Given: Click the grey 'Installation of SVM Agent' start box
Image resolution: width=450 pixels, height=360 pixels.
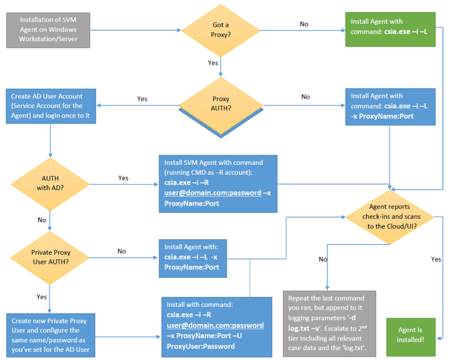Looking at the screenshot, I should click(x=48, y=30).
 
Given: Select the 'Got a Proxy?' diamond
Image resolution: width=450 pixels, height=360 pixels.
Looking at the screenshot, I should click(x=220, y=30).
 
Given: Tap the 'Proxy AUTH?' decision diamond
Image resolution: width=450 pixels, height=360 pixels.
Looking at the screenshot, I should click(x=220, y=103).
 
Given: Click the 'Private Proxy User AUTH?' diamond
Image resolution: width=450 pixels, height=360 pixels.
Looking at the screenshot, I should click(x=50, y=257).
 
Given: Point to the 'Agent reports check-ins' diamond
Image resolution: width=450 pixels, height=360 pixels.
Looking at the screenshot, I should click(x=390, y=216).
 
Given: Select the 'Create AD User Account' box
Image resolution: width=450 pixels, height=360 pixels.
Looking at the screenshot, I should click(x=51, y=106).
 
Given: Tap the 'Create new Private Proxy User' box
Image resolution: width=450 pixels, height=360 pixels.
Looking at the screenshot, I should click(x=50, y=335).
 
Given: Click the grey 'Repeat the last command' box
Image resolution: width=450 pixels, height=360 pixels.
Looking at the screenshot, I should click(x=329, y=323).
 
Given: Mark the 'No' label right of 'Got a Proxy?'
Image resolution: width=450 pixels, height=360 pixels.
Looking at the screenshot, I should click(x=304, y=24).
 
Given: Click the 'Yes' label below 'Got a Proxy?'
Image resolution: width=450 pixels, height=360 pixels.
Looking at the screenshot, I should click(x=212, y=62).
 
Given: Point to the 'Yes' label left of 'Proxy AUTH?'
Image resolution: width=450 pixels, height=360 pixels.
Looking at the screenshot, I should click(x=142, y=99).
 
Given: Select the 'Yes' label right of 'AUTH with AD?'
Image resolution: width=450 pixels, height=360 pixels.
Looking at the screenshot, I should click(x=123, y=178).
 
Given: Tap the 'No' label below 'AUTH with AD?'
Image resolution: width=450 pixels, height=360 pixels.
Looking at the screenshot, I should click(x=42, y=219).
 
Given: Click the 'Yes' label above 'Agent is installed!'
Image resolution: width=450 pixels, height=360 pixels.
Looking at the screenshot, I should click(x=436, y=259).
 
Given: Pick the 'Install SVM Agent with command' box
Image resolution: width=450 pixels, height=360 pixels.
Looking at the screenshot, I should click(x=218, y=183).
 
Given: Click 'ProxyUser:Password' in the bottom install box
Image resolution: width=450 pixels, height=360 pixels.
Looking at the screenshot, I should click(x=201, y=346).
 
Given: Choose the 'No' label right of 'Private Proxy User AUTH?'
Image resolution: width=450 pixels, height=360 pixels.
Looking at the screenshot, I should click(x=122, y=251).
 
